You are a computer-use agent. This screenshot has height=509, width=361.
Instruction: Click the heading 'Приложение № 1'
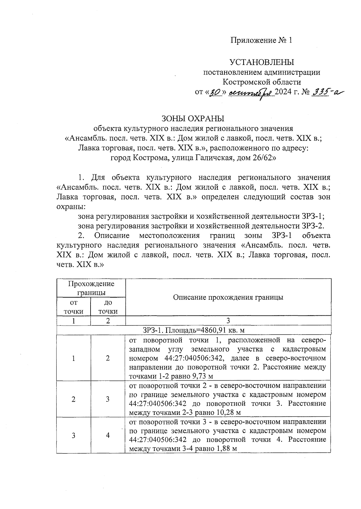point(261,41)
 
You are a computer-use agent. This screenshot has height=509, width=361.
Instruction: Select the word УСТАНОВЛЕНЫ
point(261,62)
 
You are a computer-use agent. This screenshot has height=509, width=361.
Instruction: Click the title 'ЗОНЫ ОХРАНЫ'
point(193,118)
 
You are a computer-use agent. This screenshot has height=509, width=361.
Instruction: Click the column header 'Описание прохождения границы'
point(228,297)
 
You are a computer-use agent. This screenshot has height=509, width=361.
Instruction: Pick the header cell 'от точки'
point(73,307)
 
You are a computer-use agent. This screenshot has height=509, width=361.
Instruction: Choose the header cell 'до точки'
point(108,307)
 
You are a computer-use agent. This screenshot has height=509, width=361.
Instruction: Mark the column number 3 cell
point(228,320)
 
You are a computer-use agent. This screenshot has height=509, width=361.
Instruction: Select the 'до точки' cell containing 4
point(108,435)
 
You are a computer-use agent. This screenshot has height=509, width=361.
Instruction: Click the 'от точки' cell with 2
point(73,399)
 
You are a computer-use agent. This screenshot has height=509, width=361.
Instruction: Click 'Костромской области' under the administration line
point(261,82)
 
